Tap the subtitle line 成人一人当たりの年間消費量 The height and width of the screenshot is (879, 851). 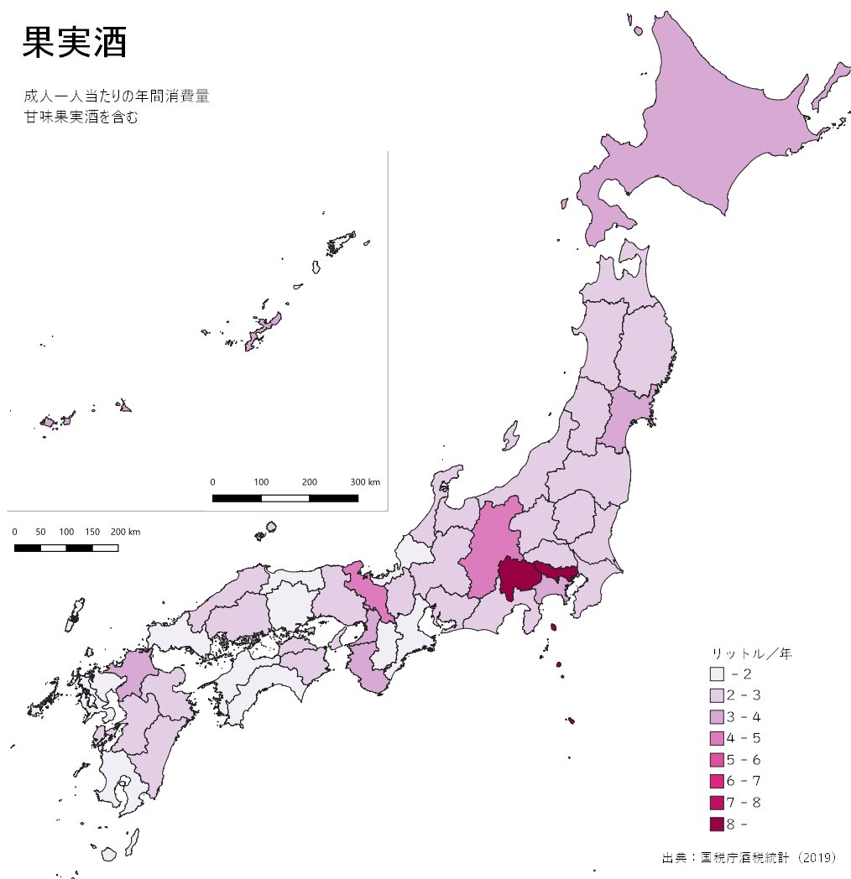[117, 96]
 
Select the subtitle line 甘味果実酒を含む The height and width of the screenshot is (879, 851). [81, 117]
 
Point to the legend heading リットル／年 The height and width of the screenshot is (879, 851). [752, 653]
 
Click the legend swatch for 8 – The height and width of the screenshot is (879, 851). [716, 824]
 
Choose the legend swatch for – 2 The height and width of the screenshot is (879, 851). [716, 674]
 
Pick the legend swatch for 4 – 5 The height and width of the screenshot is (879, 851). [716, 738]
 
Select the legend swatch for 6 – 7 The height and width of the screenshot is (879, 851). [716, 782]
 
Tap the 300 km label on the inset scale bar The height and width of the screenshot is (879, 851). [365, 482]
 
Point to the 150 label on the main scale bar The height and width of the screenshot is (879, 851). [92, 533]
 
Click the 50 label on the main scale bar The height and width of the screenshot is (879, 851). [40, 533]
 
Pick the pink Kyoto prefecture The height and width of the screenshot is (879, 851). [369, 591]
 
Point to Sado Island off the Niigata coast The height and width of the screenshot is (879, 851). [510, 436]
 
